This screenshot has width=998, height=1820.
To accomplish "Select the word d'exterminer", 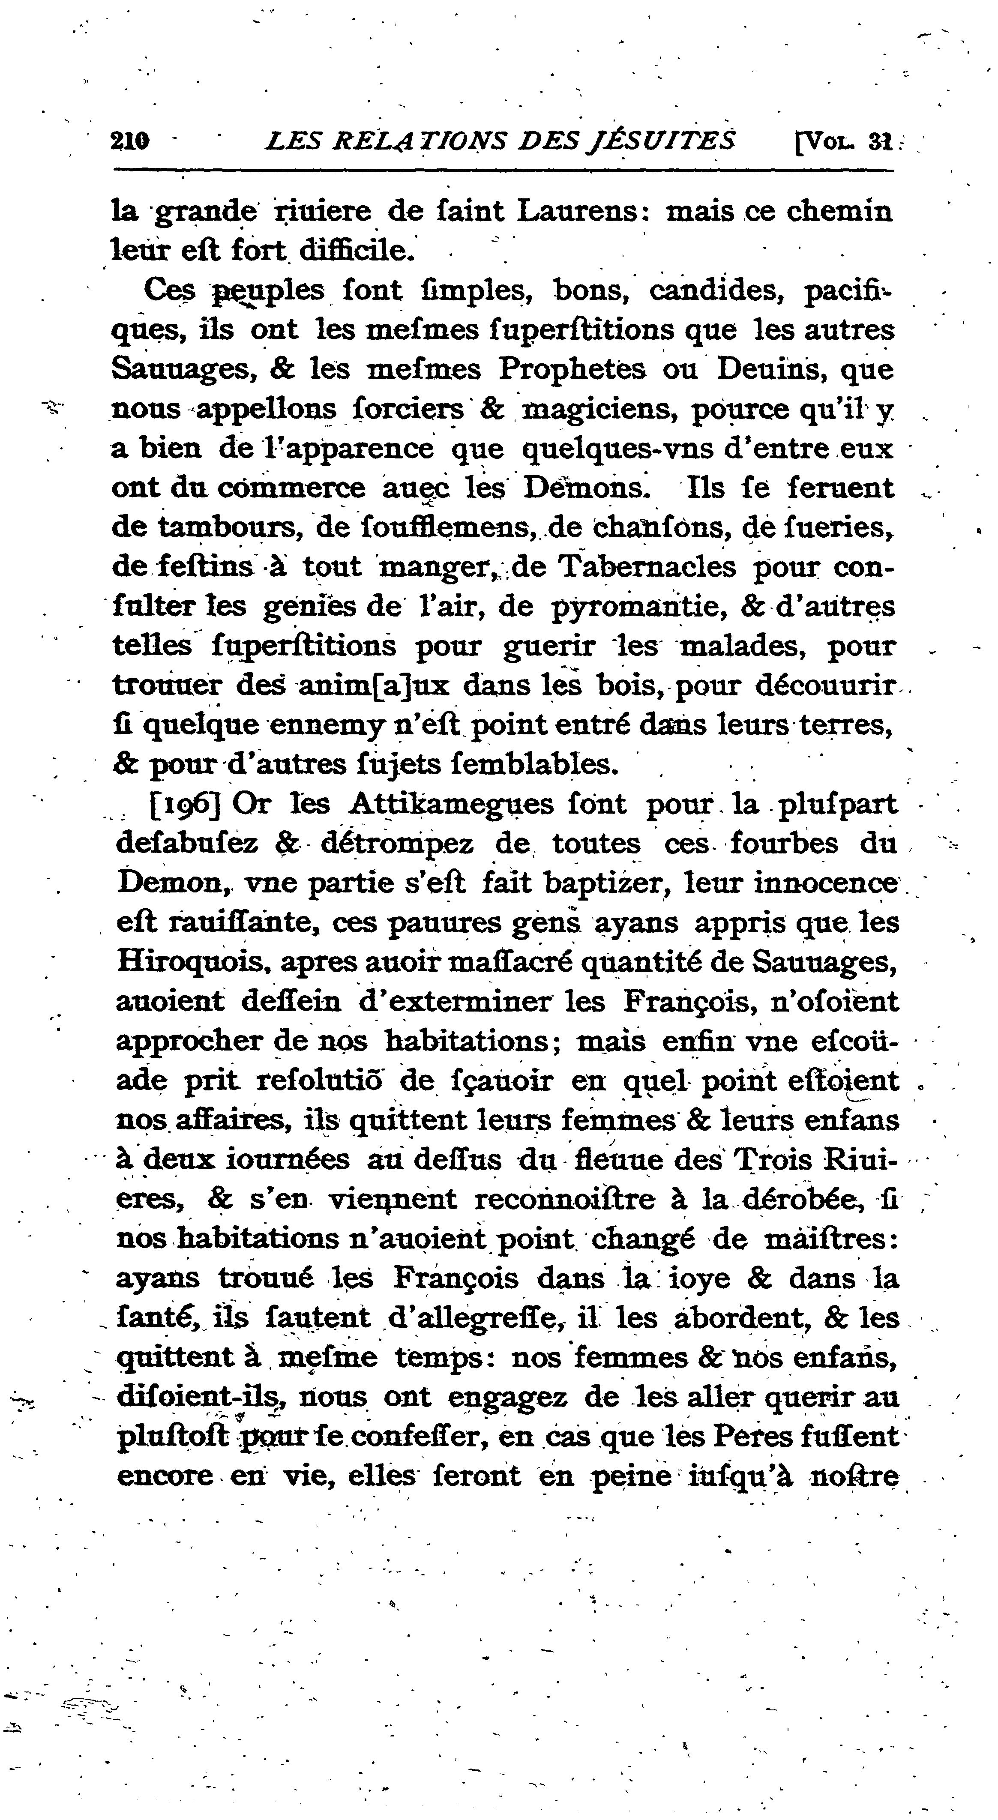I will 455,1002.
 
